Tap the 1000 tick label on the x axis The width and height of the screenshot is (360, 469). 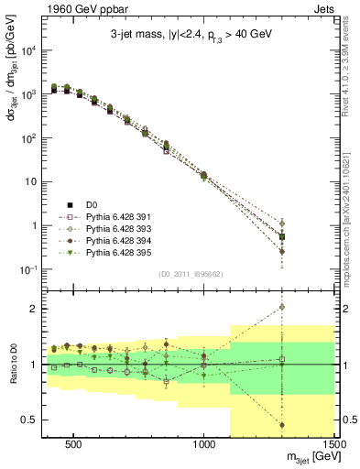point(204,442)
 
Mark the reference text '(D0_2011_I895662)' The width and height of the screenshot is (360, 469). point(180,273)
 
